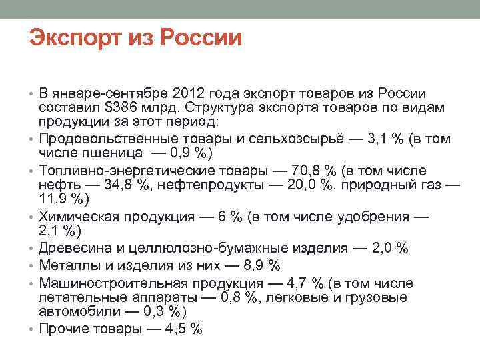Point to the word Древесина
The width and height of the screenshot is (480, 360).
tap(71, 248)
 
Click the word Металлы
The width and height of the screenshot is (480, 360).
tap(67, 265)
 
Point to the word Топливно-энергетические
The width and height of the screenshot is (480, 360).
tap(122, 170)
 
